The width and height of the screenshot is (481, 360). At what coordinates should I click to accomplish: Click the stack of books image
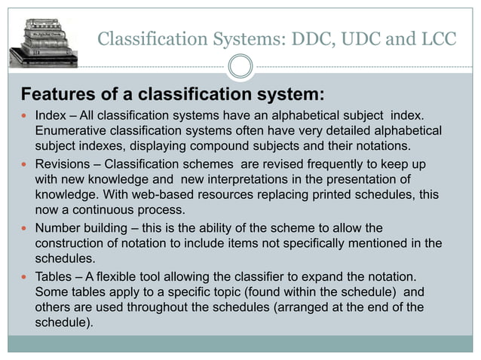(43, 35)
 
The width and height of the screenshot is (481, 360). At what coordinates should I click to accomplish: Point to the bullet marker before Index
(24, 118)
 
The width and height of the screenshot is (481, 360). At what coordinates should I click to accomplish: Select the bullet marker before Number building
(24, 229)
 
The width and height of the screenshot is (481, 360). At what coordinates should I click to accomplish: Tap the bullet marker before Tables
(24, 276)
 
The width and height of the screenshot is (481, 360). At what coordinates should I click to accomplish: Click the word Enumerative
(72, 132)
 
